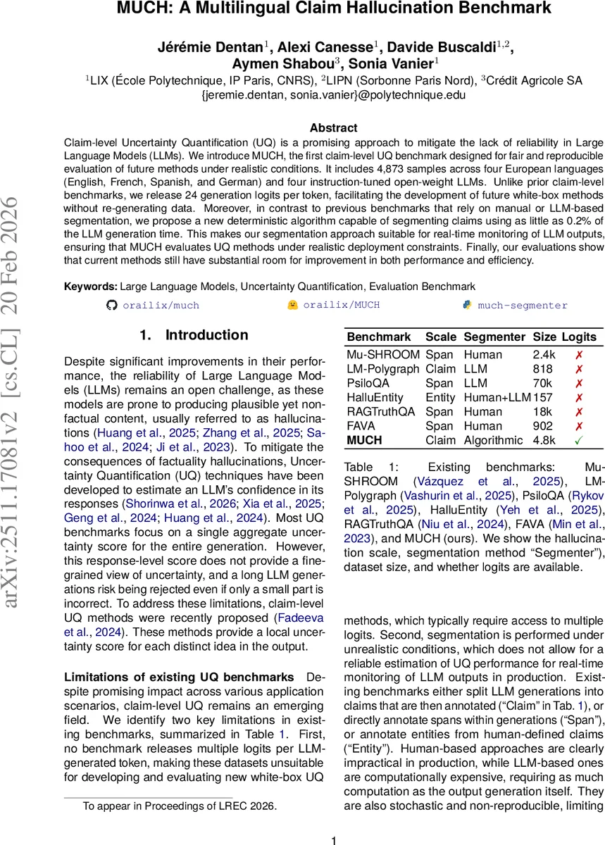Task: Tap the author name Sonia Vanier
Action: pyautogui.click(x=395, y=63)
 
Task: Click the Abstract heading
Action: pyautogui.click(x=333, y=128)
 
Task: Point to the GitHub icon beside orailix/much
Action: pyautogui.click(x=110, y=305)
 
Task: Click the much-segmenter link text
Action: pyautogui.click(x=523, y=305)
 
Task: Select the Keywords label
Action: pyautogui.click(x=90, y=287)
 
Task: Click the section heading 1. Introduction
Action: pyautogui.click(x=185, y=335)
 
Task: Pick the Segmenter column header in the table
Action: pyautogui.click(x=494, y=337)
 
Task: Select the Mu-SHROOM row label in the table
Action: pyautogui.click(x=382, y=355)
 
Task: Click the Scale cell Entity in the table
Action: pyautogui.click(x=440, y=397)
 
